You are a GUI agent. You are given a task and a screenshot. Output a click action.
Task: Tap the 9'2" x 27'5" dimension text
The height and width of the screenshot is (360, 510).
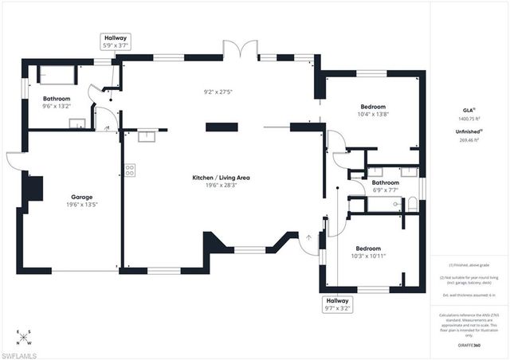(x=218, y=92)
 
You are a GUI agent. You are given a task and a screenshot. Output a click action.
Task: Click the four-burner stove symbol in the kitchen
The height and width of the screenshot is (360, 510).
(x=129, y=170)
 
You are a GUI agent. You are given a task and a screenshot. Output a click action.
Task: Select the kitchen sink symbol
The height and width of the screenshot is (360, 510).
(x=147, y=135)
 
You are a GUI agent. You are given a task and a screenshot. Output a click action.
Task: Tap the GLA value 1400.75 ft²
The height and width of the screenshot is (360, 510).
(x=468, y=119)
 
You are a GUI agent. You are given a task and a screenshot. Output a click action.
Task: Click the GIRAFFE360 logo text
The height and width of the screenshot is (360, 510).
(x=468, y=346)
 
